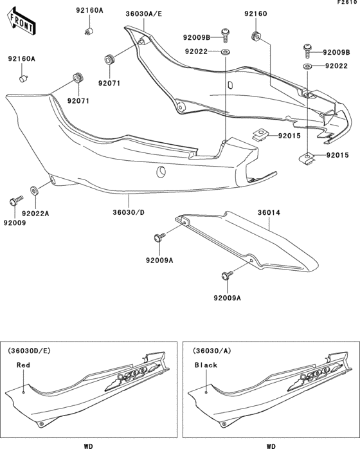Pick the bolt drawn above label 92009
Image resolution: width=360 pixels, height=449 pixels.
13,202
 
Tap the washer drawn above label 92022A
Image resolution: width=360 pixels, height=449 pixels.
33,191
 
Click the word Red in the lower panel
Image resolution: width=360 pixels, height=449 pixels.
24,365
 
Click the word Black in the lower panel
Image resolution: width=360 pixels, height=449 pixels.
206,365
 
